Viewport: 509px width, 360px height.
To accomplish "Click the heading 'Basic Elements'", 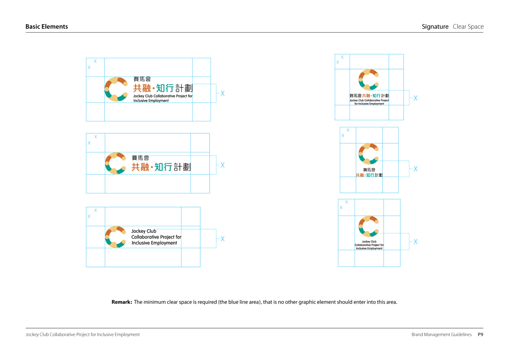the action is click(x=47, y=27).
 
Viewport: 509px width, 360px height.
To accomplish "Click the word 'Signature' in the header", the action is click(x=435, y=27).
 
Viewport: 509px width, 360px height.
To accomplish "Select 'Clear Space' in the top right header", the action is click(x=468, y=27).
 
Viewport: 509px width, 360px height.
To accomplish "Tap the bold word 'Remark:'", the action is click(x=122, y=302).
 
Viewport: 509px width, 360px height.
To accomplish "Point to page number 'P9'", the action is click(x=481, y=335).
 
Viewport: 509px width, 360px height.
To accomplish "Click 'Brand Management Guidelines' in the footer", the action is click(x=441, y=335).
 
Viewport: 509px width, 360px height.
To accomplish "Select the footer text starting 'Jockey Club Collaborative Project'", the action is click(x=83, y=335).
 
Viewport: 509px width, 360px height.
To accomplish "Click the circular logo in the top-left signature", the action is click(x=116, y=89).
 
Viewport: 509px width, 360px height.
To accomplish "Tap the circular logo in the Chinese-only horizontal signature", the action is click(x=116, y=163).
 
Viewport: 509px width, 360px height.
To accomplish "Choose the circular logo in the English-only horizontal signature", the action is click(x=116, y=237).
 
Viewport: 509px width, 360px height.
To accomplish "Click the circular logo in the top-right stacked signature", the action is click(x=368, y=80).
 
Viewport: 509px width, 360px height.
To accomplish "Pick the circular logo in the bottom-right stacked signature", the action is click(x=368, y=226).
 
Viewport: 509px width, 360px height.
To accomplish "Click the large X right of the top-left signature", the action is click(x=222, y=93).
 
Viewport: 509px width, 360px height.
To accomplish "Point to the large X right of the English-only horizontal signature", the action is click(x=222, y=239).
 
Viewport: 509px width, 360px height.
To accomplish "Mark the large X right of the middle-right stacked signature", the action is click(x=415, y=169).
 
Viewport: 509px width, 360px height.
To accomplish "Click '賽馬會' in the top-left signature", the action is click(x=139, y=79).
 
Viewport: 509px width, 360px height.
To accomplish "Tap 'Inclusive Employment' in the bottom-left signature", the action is click(x=154, y=243).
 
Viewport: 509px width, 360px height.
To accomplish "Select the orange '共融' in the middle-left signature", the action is click(x=140, y=167).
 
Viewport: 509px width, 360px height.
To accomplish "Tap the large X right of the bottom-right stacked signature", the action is click(x=415, y=242).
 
